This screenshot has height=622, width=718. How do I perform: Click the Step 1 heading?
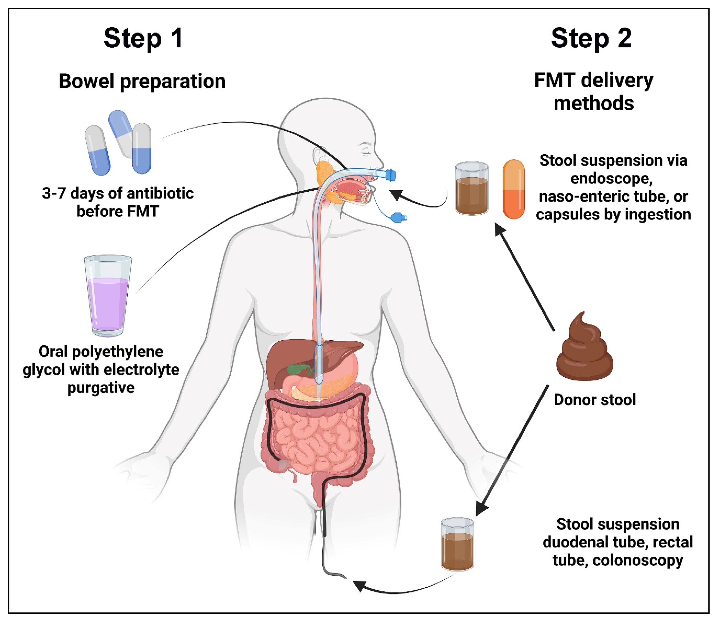click(x=143, y=38)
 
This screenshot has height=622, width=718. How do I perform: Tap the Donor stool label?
click(x=595, y=400)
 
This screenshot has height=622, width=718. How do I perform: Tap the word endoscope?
click(x=611, y=178)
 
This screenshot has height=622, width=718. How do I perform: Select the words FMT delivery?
click(x=593, y=81)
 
